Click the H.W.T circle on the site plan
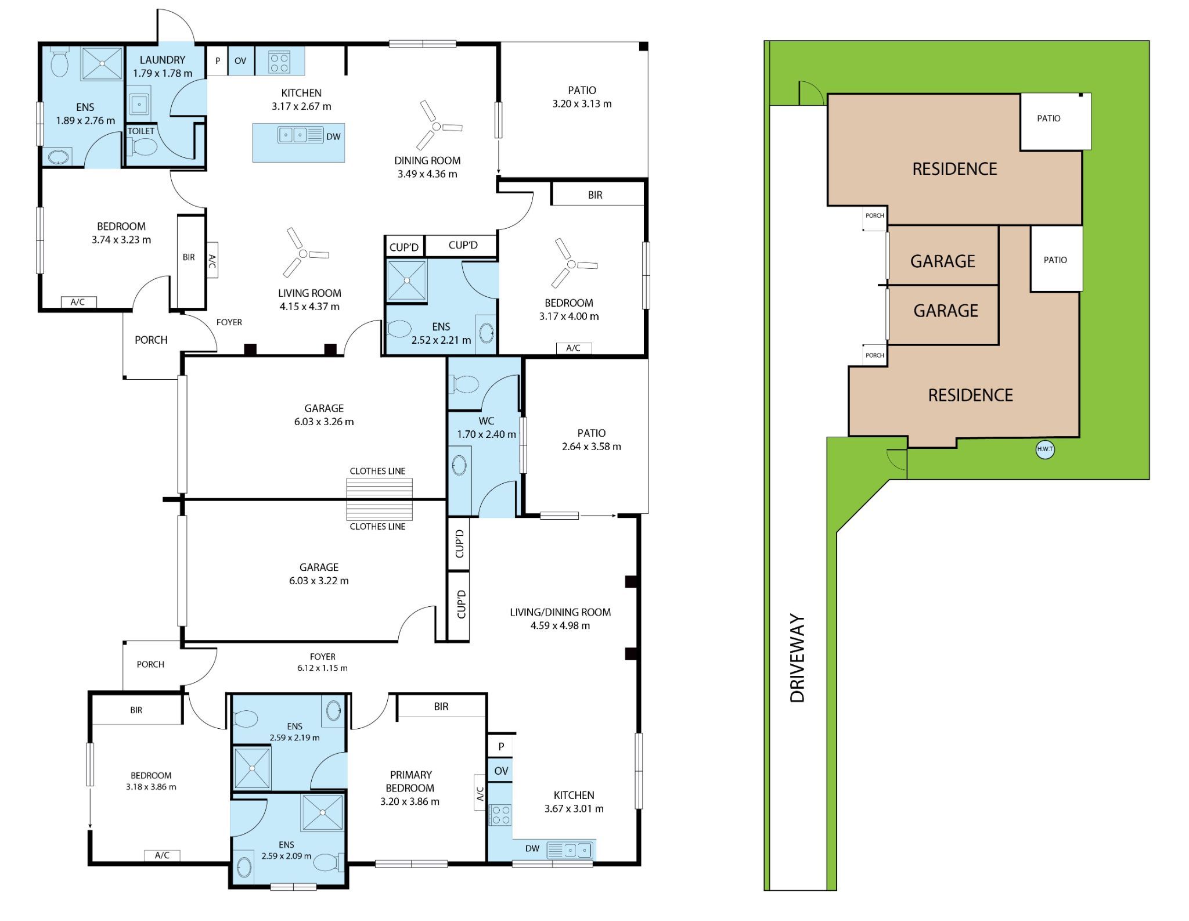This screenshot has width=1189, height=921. click(1044, 449)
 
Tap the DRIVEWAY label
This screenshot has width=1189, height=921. click(798, 658)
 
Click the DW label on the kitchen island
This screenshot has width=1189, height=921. click(333, 137)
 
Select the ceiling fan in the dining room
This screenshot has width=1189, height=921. click(437, 126)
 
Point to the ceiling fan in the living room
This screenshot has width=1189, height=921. click(303, 254)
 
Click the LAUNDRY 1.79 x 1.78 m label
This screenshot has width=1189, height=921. click(163, 66)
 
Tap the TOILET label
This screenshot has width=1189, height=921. click(141, 131)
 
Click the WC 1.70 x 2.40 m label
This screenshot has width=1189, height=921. click(486, 427)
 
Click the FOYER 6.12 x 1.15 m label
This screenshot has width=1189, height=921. click(322, 662)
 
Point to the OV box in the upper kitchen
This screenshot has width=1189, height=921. click(240, 60)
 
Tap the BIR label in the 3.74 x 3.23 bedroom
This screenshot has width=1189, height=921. click(189, 257)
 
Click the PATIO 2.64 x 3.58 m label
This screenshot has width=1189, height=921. click(591, 440)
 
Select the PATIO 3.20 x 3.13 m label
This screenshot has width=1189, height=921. click(582, 97)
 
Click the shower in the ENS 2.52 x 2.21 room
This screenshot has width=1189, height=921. click(407, 280)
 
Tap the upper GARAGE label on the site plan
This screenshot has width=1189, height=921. click(942, 261)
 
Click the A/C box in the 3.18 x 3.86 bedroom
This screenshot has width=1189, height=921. click(162, 855)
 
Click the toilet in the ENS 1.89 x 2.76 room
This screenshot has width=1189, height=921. click(60, 63)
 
